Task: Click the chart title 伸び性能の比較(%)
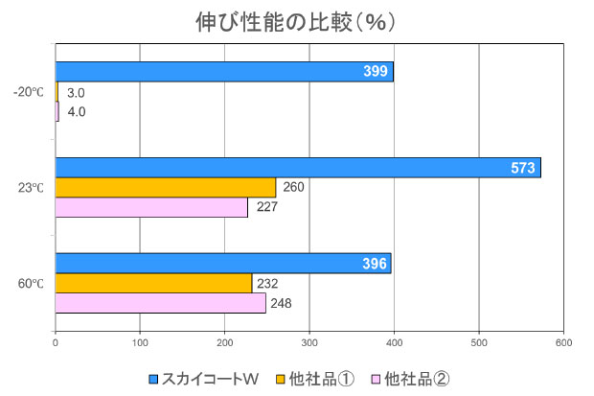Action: [x=296, y=20]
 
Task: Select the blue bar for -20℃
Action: [x=224, y=72]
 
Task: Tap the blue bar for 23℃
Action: [x=298, y=168]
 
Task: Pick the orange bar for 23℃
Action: [x=166, y=188]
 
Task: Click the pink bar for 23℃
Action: [x=151, y=208]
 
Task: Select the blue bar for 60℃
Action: [x=223, y=263]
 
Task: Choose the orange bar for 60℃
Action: [x=153, y=283]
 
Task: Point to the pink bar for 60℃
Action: [x=160, y=303]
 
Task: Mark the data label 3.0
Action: [x=77, y=93]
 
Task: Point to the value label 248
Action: [x=282, y=304]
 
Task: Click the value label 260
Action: [x=293, y=188]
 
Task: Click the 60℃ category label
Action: [x=31, y=284]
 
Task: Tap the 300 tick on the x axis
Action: [x=309, y=342]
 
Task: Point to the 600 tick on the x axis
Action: [x=563, y=342]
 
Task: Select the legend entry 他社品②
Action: [x=416, y=379]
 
